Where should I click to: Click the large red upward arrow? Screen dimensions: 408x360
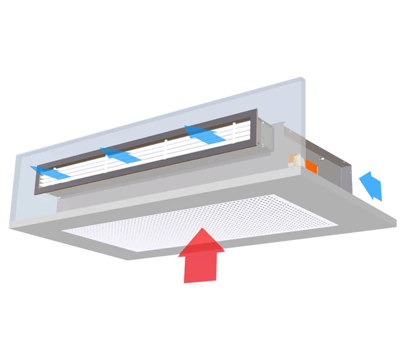pyautogui.click(x=201, y=257)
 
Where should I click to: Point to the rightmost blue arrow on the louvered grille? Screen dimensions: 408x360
pyautogui.click(x=204, y=134)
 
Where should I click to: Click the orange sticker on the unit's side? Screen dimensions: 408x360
pyautogui.click(x=311, y=163)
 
